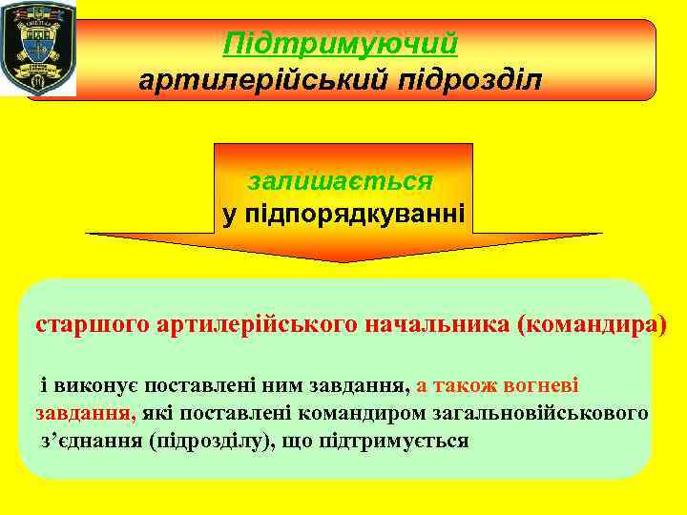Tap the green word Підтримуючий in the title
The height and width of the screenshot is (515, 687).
click(x=341, y=44)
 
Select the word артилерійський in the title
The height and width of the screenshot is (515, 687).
click(x=258, y=80)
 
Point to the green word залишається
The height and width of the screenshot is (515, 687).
click(x=341, y=181)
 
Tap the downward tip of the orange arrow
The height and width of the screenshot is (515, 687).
click(x=343, y=259)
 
